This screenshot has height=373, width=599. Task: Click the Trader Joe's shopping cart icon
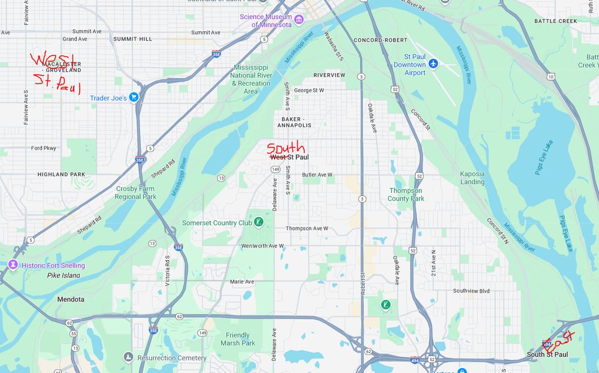[134, 97]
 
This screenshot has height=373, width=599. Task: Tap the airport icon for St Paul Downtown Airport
[434, 64]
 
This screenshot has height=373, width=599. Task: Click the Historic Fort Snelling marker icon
[13, 265]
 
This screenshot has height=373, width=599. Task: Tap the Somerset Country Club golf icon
[258, 222]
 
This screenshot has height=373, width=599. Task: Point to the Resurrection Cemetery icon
[128, 357]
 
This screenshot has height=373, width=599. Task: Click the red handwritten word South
[286, 148]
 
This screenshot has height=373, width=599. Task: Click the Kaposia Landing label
[472, 178]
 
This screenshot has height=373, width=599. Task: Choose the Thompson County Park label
[406, 194]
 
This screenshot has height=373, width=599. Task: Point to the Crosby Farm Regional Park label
[135, 192]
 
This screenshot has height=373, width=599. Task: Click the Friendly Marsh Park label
[237, 339]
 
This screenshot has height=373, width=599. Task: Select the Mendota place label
[71, 299]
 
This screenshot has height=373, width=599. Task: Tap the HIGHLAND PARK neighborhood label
[61, 175]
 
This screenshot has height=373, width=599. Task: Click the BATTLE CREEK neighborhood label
[555, 21]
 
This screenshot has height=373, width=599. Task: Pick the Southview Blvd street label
[471, 291]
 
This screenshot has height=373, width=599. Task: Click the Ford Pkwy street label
[43, 148]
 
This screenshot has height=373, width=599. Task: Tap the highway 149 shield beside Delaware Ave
[276, 170]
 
